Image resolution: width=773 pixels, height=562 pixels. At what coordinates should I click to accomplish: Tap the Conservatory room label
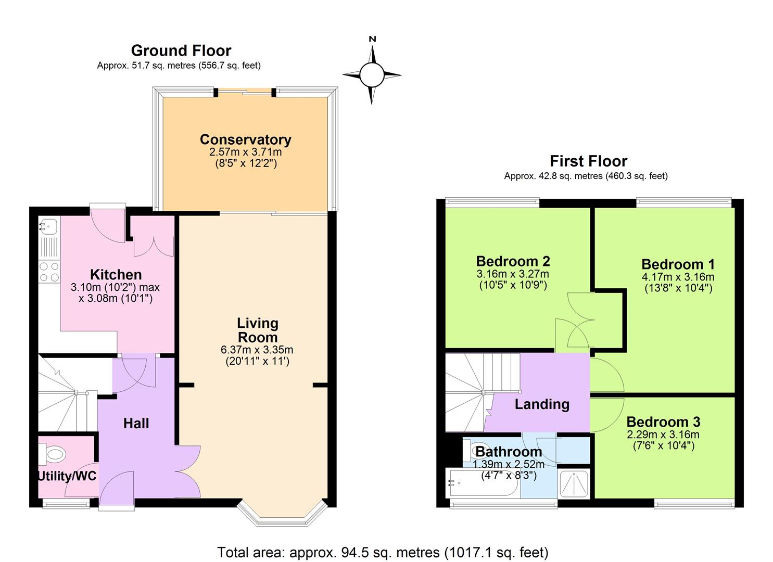pos(245,139)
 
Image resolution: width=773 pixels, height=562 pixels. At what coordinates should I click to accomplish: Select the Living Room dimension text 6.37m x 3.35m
pos(257,350)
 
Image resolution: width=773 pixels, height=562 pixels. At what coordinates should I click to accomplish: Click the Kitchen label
pos(116,274)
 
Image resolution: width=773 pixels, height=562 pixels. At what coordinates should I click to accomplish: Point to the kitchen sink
pos(49,226)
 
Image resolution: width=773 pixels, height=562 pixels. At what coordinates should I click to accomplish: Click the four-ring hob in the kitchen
pos(49,272)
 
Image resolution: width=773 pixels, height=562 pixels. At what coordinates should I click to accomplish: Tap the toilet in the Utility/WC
pos(53,454)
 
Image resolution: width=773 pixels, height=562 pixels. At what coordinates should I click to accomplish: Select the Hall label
pos(136,423)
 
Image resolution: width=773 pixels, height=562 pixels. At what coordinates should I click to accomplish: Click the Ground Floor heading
pos(181,50)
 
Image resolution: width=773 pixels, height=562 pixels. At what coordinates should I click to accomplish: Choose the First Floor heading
pos(588,161)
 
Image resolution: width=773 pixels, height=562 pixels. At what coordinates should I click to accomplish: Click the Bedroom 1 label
pos(678,264)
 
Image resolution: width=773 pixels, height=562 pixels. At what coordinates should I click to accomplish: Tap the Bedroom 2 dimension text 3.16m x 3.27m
pos(513,274)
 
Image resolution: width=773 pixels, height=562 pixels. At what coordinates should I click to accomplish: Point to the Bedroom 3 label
pos(663,421)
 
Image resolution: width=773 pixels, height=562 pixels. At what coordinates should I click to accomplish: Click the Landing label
pos(541,404)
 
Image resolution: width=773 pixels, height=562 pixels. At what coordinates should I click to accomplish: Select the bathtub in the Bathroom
pos(482,483)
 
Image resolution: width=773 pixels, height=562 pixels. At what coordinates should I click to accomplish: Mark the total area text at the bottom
pos(383,552)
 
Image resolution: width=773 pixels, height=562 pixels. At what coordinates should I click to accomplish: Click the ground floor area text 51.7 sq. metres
pos(179,66)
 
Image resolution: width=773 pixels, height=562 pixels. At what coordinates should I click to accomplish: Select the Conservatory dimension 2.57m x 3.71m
pos(245,152)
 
